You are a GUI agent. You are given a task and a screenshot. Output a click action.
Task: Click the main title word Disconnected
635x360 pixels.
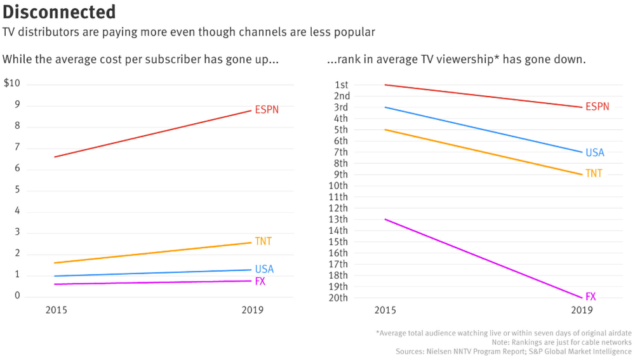click(59, 12)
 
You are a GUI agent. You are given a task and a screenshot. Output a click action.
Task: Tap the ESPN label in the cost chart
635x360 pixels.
click(267, 110)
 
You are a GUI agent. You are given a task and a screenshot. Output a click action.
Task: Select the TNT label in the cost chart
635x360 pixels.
click(263, 241)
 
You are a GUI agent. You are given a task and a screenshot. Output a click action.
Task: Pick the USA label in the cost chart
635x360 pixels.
click(264, 269)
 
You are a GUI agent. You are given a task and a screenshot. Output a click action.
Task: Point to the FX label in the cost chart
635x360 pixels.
click(260, 281)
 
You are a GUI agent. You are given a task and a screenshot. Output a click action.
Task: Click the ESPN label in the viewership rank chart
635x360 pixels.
click(597, 107)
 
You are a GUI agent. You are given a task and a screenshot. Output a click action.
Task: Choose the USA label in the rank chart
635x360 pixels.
click(595, 153)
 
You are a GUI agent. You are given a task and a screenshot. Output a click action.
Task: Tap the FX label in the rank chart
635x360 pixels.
click(591, 297)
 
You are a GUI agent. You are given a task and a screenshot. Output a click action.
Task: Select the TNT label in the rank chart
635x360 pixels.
click(594, 173)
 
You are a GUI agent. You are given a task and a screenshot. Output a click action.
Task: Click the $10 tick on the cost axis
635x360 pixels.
click(11, 84)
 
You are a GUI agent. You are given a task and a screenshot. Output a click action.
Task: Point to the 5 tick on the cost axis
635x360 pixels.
click(17, 190)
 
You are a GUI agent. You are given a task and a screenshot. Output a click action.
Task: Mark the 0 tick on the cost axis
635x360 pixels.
click(17, 296)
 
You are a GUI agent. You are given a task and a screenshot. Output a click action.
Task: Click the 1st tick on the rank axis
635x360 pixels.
click(341, 85)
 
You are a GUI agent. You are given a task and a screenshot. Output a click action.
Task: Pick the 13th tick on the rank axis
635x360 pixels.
click(338, 220)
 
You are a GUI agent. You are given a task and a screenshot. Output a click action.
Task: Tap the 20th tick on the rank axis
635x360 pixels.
click(338, 298)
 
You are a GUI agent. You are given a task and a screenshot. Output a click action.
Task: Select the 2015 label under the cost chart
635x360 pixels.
click(57, 310)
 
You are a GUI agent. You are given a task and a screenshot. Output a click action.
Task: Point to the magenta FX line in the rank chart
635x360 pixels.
click(483, 258)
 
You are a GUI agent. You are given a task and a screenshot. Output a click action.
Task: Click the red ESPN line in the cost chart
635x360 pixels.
click(152, 134)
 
